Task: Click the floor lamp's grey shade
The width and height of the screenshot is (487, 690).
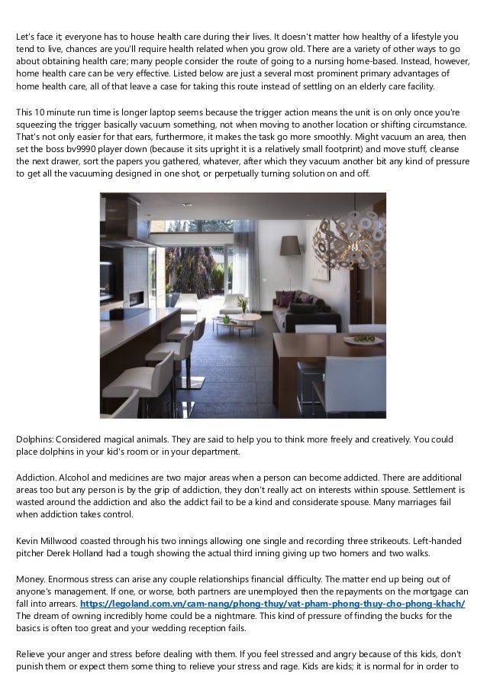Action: pos(290,245)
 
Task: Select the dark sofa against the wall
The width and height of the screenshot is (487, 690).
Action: pos(305,309)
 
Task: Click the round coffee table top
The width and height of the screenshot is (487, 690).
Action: pos(233,320)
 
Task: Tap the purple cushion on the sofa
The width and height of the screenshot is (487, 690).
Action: pos(286,297)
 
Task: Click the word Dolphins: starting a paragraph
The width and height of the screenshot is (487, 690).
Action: pos(34,439)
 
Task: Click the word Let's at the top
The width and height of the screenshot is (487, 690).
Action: pos(27,37)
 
